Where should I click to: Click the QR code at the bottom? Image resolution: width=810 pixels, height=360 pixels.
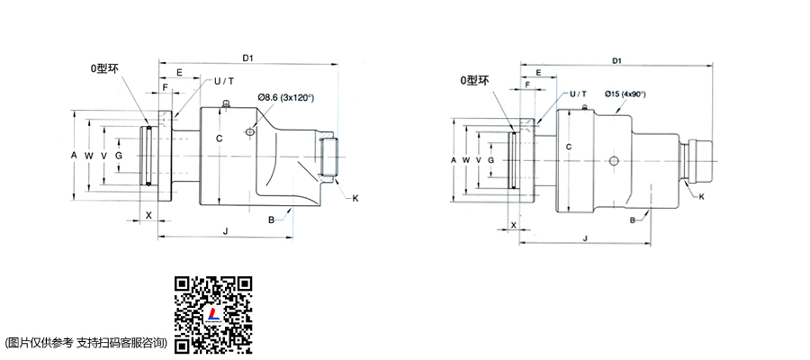212,314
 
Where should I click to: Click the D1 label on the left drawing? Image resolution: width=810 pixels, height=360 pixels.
248,58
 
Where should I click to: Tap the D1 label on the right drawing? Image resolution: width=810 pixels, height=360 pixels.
616,60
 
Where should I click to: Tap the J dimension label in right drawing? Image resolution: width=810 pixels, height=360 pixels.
585,238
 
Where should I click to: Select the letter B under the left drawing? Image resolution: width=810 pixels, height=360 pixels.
271,219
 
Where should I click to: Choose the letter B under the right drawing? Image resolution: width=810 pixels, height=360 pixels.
633,220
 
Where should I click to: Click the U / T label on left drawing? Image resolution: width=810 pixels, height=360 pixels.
224,82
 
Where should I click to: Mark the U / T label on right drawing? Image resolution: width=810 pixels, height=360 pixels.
577,94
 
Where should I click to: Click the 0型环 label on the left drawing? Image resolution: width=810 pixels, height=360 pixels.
105,67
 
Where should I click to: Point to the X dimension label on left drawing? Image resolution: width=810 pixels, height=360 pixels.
148,216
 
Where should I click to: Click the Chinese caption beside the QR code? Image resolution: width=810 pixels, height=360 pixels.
85,342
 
